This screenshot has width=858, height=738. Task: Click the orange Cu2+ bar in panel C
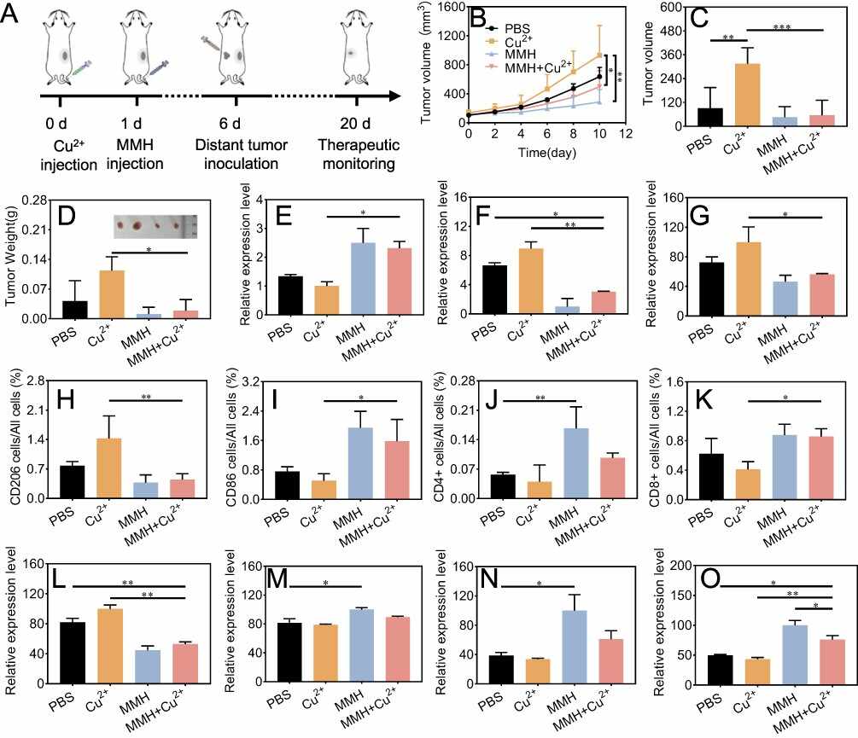[747, 95]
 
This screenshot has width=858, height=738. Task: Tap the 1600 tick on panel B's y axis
[450, 7]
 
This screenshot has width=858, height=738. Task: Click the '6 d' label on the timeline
[230, 124]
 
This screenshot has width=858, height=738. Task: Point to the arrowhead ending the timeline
[394, 96]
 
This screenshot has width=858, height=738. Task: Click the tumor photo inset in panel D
[155, 226]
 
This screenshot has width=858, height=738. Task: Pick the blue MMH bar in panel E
[363, 279]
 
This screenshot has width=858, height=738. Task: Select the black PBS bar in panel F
[494, 290]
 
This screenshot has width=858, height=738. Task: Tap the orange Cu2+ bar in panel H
[108, 468]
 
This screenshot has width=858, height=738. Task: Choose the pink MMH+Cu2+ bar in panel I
[397, 470]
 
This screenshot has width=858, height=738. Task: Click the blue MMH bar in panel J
[575, 463]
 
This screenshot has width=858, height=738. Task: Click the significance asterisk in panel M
[325, 584]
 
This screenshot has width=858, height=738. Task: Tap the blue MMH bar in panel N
[575, 648]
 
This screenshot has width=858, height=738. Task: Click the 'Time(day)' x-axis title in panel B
[547, 152]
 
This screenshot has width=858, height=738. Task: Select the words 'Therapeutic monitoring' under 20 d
[359, 154]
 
